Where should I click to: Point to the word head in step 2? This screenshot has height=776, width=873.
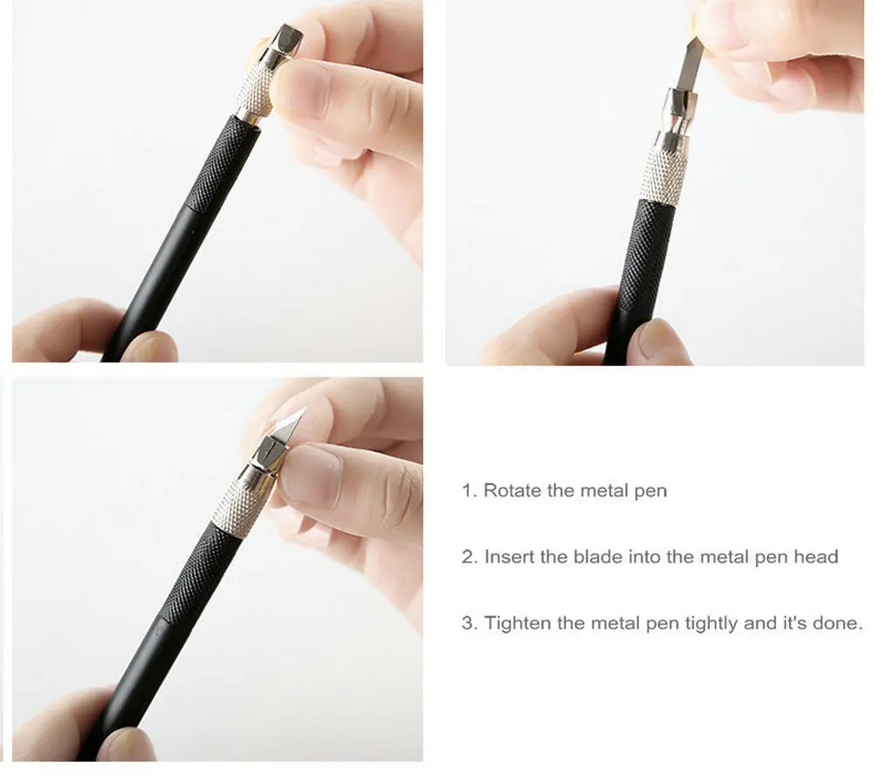point(815,557)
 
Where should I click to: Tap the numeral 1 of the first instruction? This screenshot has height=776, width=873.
point(466,491)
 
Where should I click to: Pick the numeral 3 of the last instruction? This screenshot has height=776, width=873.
point(468,623)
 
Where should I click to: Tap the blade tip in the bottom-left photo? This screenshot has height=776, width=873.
point(305,409)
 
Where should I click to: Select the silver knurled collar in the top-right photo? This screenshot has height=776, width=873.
point(663,170)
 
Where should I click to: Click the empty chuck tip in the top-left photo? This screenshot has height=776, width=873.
point(284,42)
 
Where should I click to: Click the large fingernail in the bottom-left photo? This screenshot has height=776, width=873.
point(310,477)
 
